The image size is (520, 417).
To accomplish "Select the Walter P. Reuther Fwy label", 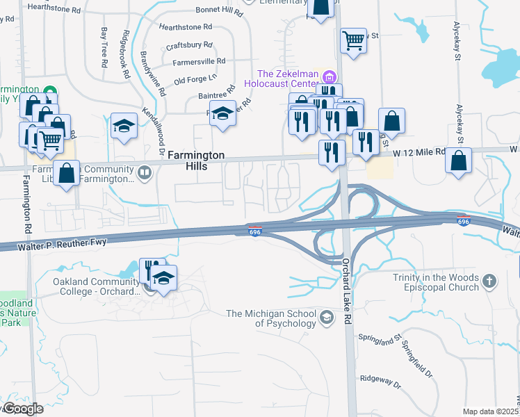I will coord(42,245).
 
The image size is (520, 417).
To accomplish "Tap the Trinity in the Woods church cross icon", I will coord(490,281).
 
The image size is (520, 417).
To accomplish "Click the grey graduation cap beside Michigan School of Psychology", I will coord(325,318).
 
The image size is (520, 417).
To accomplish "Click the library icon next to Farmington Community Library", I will coord(145,171).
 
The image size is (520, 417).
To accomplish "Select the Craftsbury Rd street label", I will coord(189,46).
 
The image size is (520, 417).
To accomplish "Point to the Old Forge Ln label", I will coord(196,79).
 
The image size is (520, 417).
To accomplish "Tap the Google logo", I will coord(22,409).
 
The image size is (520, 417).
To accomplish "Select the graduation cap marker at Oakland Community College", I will coord(163,279).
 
